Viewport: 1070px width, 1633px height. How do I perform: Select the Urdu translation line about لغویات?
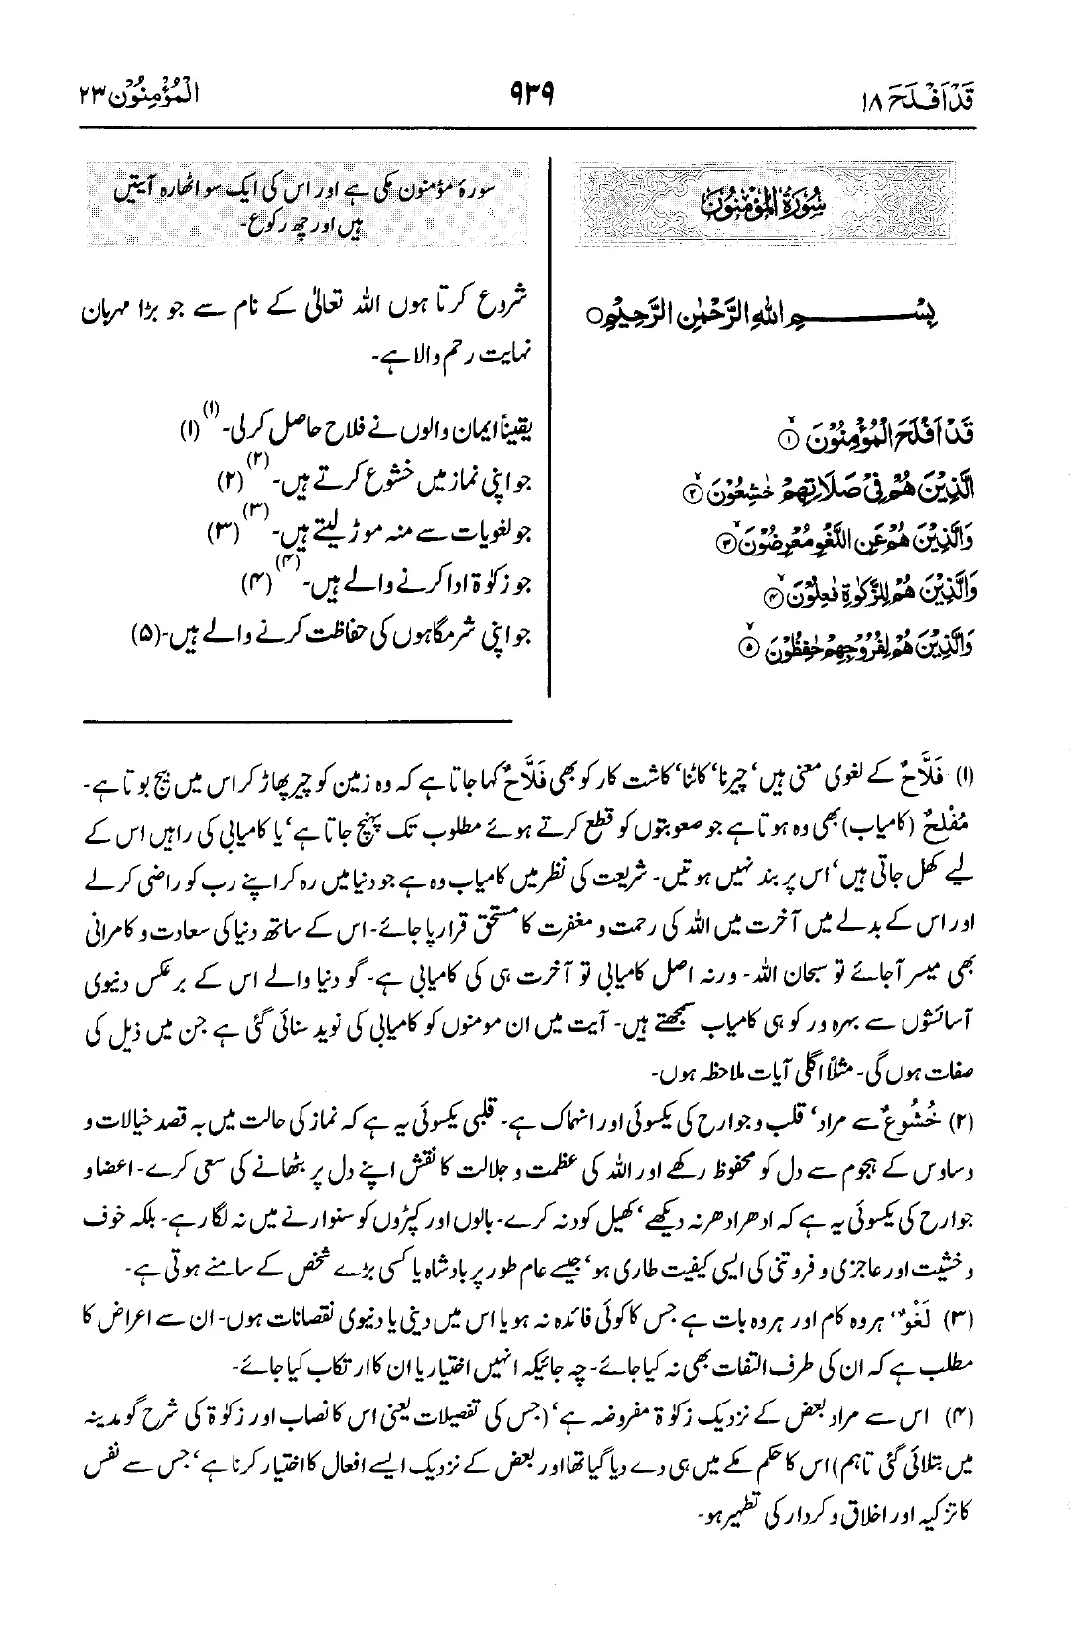[367, 535]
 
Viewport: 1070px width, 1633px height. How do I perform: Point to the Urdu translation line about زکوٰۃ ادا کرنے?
[384, 587]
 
